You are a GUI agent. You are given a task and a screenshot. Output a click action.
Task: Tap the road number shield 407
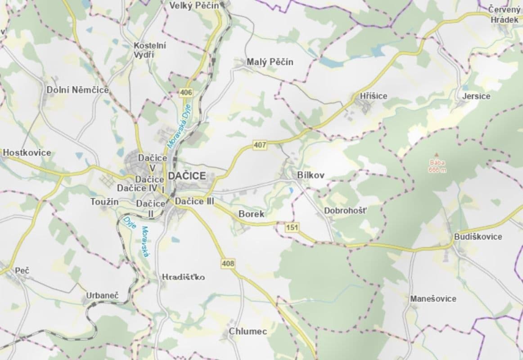(x=260, y=145)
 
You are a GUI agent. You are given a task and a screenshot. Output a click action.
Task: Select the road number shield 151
(x=292, y=228)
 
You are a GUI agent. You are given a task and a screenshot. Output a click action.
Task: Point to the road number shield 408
(x=228, y=263)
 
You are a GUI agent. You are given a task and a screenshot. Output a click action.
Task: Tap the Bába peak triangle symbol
(x=436, y=154)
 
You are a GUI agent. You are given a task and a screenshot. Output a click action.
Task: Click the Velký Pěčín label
(x=194, y=5)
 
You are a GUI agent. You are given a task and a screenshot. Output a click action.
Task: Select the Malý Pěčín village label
(x=270, y=62)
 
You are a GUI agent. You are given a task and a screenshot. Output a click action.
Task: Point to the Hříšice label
(x=373, y=96)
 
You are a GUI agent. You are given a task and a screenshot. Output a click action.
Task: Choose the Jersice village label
(x=476, y=96)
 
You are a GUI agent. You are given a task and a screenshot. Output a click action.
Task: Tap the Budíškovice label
(x=478, y=237)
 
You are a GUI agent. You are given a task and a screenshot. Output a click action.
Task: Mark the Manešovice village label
(x=433, y=299)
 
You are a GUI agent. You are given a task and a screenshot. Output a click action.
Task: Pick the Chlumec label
(x=248, y=332)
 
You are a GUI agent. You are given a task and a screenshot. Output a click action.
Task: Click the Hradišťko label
(x=183, y=277)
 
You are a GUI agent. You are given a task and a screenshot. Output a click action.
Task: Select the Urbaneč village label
(x=102, y=296)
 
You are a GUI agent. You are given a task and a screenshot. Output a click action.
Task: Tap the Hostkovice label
(x=27, y=153)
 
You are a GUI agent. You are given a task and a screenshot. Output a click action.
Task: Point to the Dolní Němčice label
(x=78, y=90)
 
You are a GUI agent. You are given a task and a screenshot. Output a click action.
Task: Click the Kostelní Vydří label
(x=150, y=49)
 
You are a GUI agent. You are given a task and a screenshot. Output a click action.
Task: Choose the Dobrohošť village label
(x=346, y=210)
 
